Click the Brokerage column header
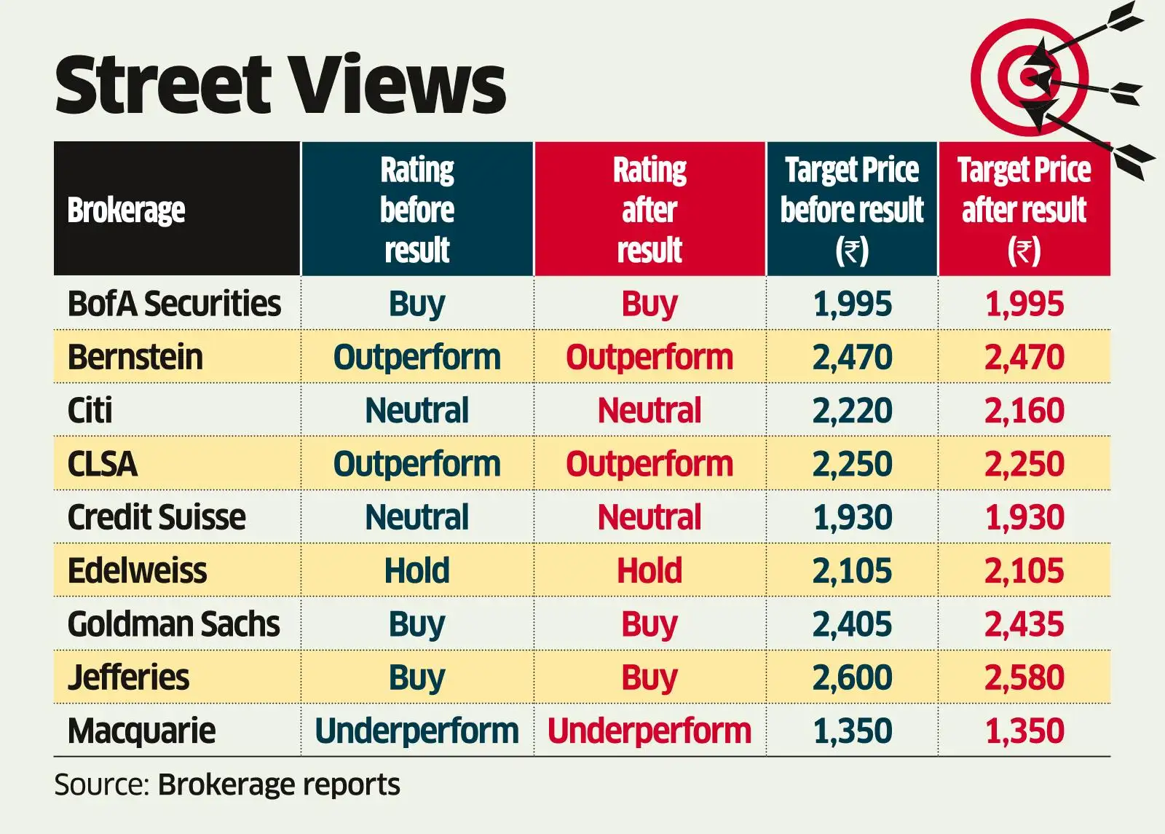point(126,211)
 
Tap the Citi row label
point(90,410)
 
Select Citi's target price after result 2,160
point(1024,410)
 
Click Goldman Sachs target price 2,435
point(1024,624)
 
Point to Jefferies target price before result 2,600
point(852,677)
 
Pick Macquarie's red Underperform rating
point(649,731)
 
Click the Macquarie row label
point(142,731)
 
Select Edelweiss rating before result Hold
point(416,570)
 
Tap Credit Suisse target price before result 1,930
point(852,517)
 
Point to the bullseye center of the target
point(1028,77)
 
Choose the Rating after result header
point(649,209)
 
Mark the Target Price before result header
point(852,209)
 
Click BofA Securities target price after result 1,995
point(1024,304)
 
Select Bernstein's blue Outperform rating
point(416,357)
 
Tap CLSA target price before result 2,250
point(852,464)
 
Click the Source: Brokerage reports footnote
point(227,784)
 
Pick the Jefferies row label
point(129,677)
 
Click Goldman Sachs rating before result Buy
point(416,624)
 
